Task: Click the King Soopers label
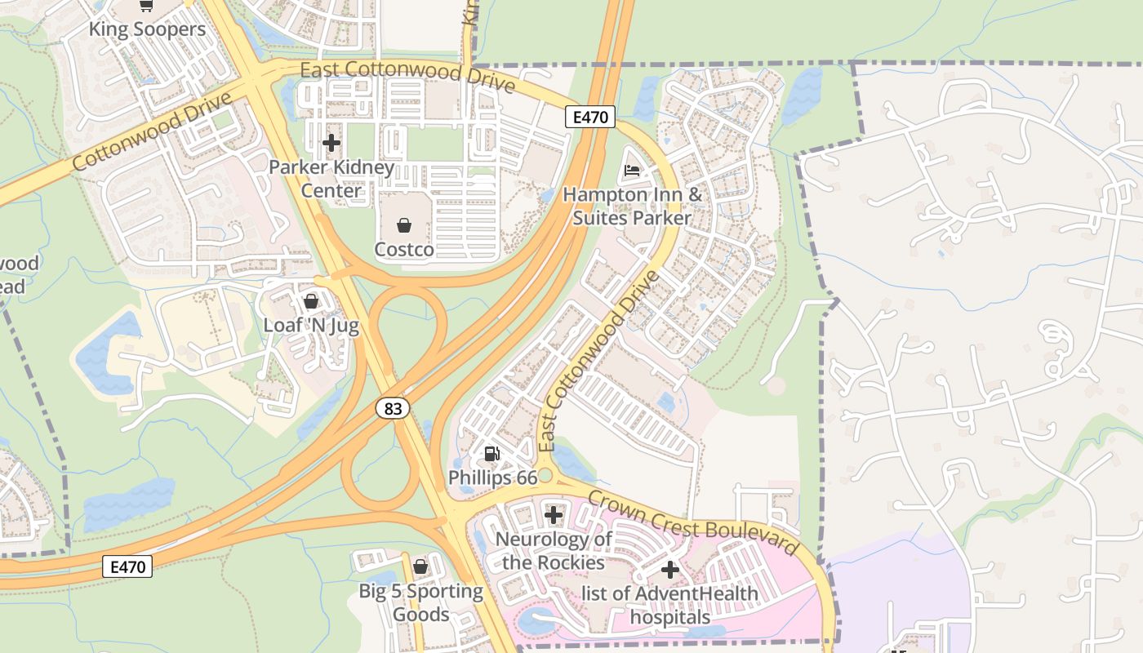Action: click(147, 30)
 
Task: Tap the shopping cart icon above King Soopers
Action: click(146, 6)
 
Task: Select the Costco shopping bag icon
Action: click(404, 224)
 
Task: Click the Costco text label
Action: click(404, 249)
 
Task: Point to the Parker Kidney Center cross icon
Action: click(331, 143)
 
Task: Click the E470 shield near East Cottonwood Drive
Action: click(589, 117)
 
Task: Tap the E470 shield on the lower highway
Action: click(127, 566)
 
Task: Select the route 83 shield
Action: click(393, 407)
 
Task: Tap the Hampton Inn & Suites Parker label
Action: click(632, 207)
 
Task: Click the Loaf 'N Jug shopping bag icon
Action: click(311, 301)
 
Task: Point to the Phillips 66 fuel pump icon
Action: click(491, 454)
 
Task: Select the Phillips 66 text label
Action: click(492, 478)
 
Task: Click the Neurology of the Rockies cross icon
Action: click(554, 515)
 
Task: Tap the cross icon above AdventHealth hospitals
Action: click(670, 570)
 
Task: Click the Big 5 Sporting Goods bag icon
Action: click(420, 566)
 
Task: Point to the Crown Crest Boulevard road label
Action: click(692, 522)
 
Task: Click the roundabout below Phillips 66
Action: click(545, 476)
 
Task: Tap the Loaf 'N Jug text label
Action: click(311, 325)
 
